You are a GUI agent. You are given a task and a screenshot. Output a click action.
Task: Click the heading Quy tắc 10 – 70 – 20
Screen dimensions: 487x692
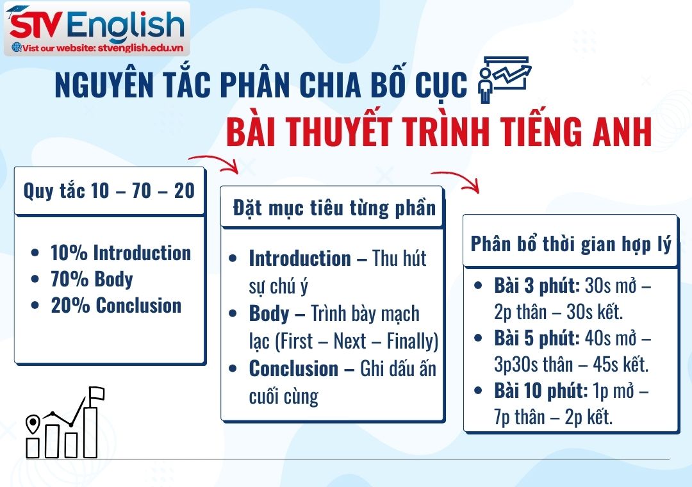click(x=109, y=191)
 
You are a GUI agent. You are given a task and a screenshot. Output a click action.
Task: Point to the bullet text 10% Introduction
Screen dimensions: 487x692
click(x=120, y=253)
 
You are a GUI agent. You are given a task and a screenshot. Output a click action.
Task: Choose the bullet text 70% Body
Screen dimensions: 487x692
click(x=92, y=279)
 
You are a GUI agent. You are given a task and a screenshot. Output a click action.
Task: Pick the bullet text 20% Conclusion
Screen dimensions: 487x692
click(x=116, y=306)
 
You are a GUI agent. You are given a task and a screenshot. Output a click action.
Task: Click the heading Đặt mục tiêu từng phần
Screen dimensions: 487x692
click(x=334, y=208)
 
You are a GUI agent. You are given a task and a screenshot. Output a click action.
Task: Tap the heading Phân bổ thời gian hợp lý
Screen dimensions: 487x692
click(x=571, y=244)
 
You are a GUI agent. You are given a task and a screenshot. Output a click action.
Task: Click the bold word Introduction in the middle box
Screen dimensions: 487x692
click(x=300, y=259)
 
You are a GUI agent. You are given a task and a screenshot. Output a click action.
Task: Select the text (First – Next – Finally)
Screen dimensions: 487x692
click(x=356, y=342)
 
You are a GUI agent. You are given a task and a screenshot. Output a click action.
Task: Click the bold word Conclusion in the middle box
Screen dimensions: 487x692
click(x=293, y=369)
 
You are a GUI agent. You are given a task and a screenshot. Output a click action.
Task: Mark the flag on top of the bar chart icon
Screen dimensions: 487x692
click(x=96, y=393)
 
